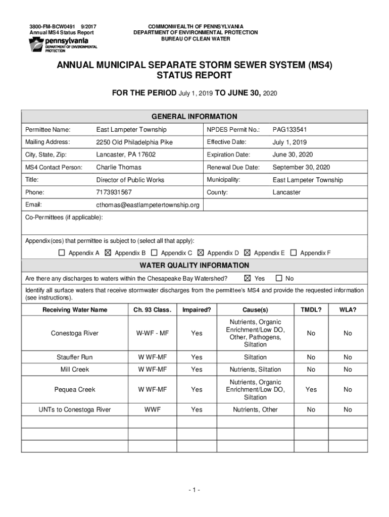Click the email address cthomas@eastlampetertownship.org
[148, 205]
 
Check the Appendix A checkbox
[62, 253]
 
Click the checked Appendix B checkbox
[108, 253]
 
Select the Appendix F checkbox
[293, 253]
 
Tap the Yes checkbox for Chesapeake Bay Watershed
[247, 278]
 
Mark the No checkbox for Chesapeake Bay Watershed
[278, 278]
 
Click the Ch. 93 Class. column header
[153, 309]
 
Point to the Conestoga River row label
[75, 333]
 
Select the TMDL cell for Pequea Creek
[311, 390]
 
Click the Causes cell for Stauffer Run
[255, 357]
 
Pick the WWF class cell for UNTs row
[153, 409]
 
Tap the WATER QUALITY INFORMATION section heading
[194, 266]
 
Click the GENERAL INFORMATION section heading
[194, 117]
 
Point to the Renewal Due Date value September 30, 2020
[301, 167]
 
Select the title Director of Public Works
[130, 180]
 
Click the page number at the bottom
[194, 490]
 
